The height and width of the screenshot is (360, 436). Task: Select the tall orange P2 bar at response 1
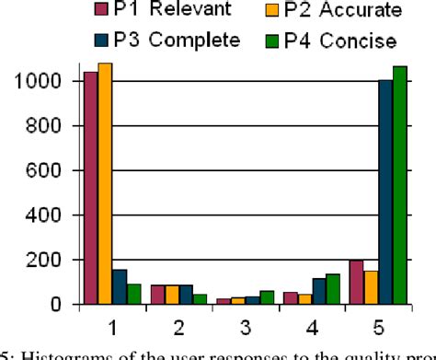pyautogui.click(x=104, y=183)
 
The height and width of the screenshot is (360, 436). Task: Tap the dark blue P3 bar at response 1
pyautogui.click(x=119, y=286)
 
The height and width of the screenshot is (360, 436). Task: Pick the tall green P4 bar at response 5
pyautogui.click(x=399, y=184)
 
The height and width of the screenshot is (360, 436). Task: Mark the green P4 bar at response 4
pyautogui.click(x=333, y=288)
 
